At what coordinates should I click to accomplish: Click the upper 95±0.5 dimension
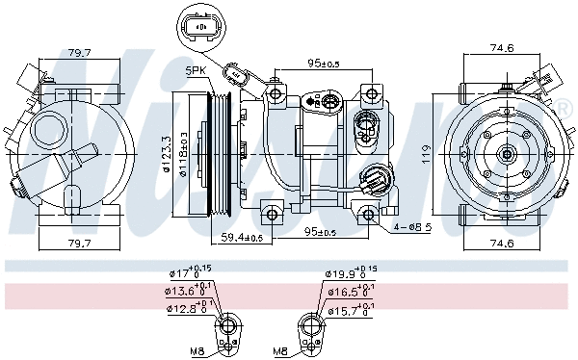click(x=322, y=64)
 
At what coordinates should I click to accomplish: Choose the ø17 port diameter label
click(x=184, y=273)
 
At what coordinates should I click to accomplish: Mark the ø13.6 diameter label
click(x=186, y=290)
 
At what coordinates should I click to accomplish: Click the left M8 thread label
click(x=198, y=350)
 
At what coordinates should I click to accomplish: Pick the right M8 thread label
click(x=280, y=350)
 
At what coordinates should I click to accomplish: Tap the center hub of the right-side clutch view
click(x=507, y=152)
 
